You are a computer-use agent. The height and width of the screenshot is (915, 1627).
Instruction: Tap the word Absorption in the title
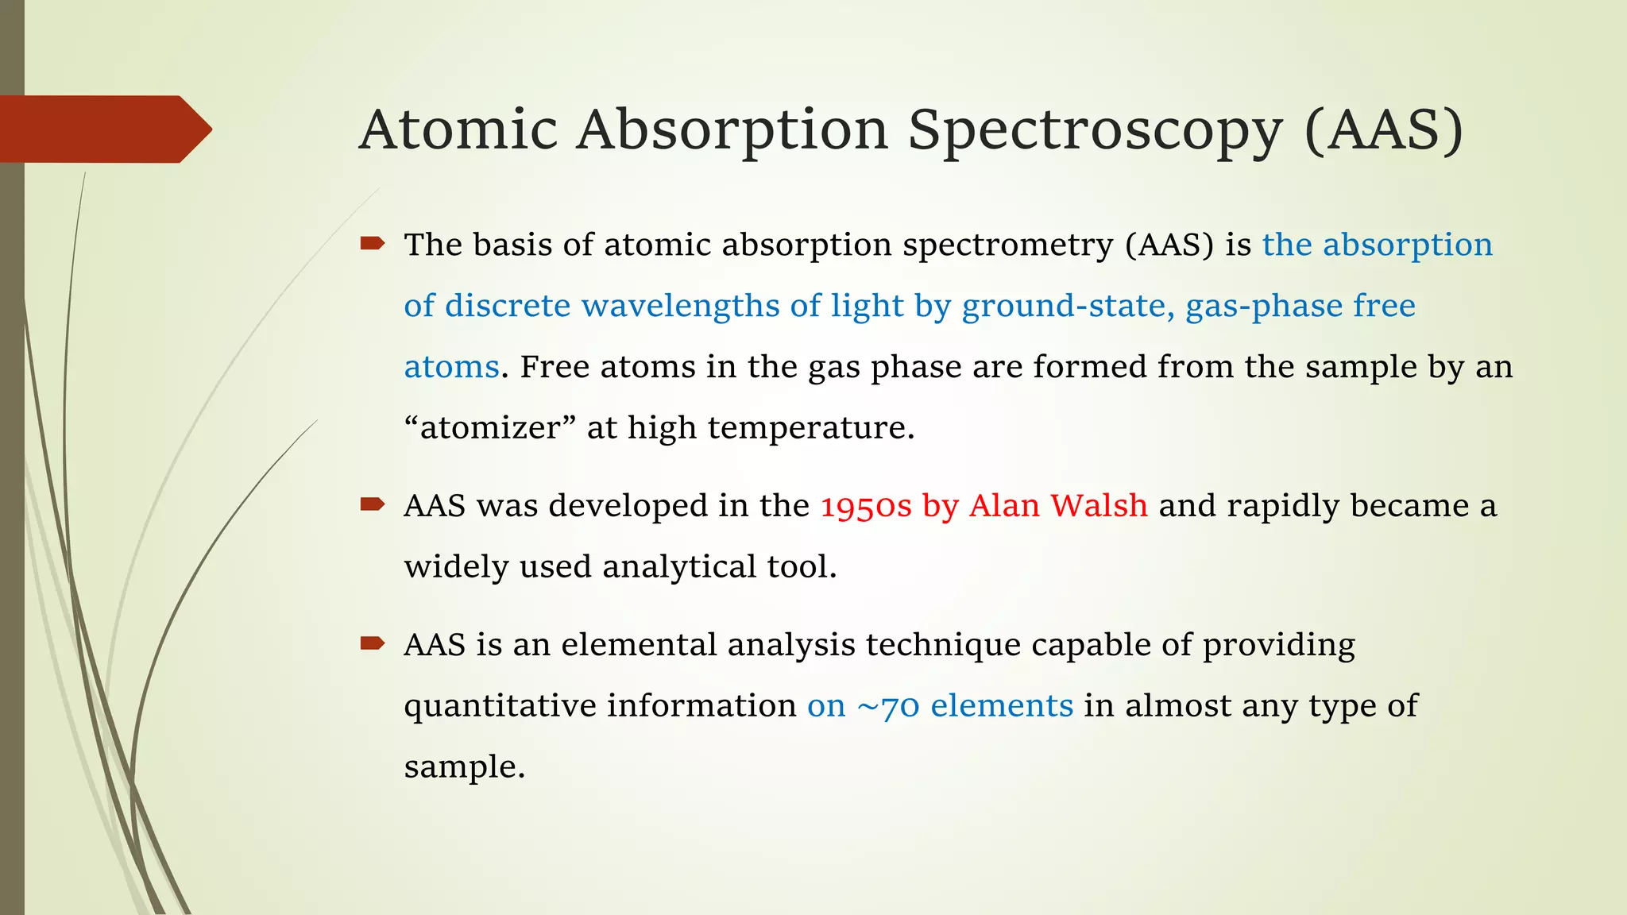[732, 131]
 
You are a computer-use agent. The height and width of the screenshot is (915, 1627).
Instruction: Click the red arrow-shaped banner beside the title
[103, 129]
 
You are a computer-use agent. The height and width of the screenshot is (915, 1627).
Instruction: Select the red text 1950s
[866, 506]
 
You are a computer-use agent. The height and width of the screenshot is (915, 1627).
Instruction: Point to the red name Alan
[1004, 505]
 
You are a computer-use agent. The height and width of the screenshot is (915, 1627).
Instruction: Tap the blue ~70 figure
[888, 706]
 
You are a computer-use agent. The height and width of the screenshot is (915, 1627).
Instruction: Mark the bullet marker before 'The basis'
[372, 243]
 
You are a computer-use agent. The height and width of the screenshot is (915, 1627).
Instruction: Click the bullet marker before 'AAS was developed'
[372, 504]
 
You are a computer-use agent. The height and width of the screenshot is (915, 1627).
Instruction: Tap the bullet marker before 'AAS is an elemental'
[372, 643]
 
